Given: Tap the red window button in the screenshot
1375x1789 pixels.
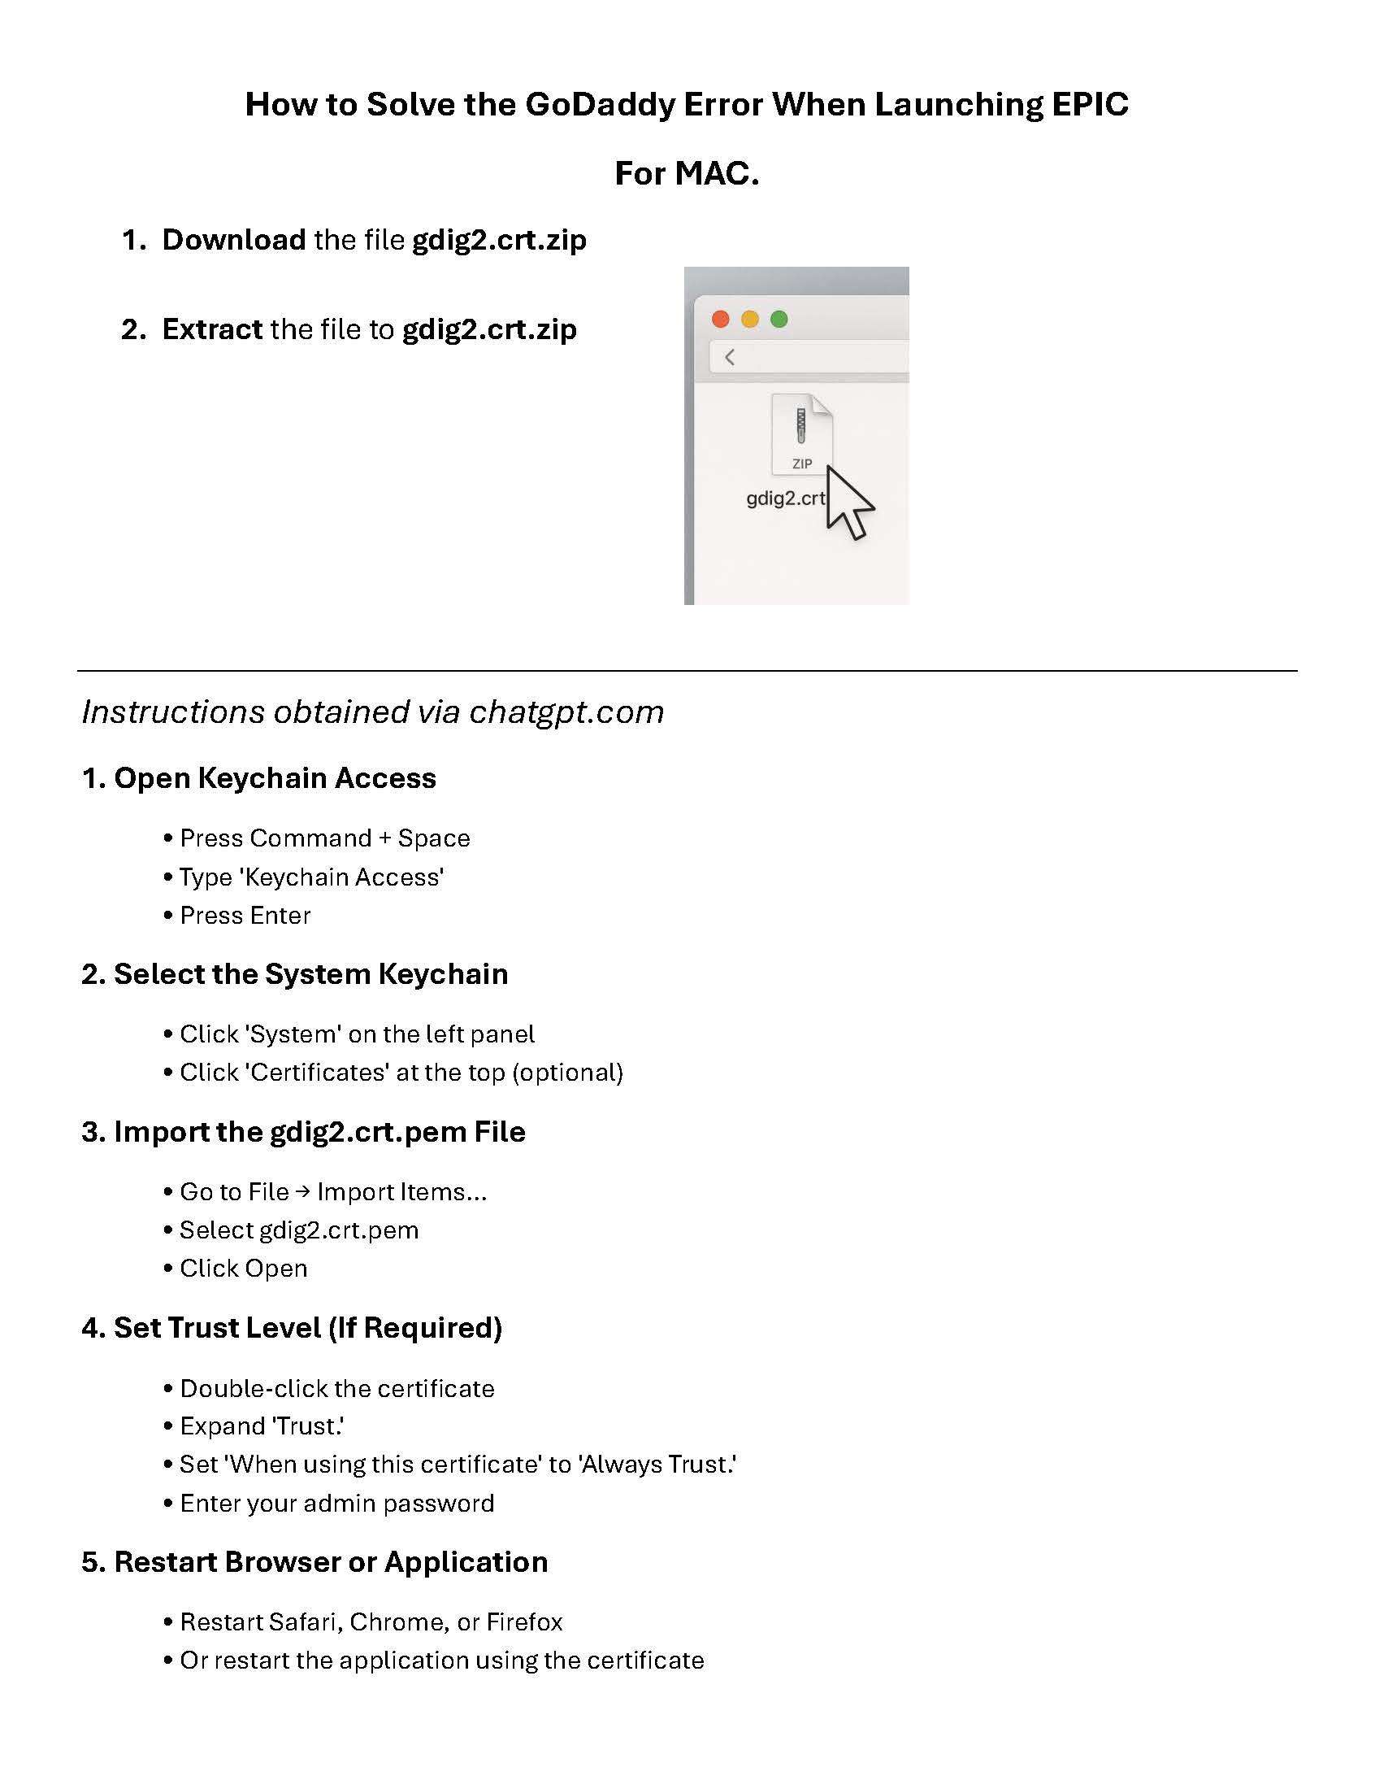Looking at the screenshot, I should point(720,319).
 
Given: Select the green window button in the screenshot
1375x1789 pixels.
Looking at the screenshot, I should point(779,319).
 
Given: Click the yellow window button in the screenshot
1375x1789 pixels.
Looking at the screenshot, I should point(750,319).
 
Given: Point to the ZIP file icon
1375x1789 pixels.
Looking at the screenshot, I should point(801,434).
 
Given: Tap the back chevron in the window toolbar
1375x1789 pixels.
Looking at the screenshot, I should point(729,357).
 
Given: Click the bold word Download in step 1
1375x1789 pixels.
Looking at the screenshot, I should point(233,240).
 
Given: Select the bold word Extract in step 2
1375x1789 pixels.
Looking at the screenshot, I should point(212,329).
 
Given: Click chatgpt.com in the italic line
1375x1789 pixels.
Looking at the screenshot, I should point(566,712).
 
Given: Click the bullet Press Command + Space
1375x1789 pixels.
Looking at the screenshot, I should point(324,838).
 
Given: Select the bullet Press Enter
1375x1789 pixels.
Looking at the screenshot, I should point(245,916).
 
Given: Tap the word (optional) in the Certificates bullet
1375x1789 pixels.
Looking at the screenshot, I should point(567,1073).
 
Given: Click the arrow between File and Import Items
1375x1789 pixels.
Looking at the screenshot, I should point(303,1191).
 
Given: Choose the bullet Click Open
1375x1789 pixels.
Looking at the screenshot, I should point(243,1269).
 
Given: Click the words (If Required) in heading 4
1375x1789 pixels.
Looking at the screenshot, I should point(415,1328).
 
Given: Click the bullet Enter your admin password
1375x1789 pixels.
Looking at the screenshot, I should point(336,1504).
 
